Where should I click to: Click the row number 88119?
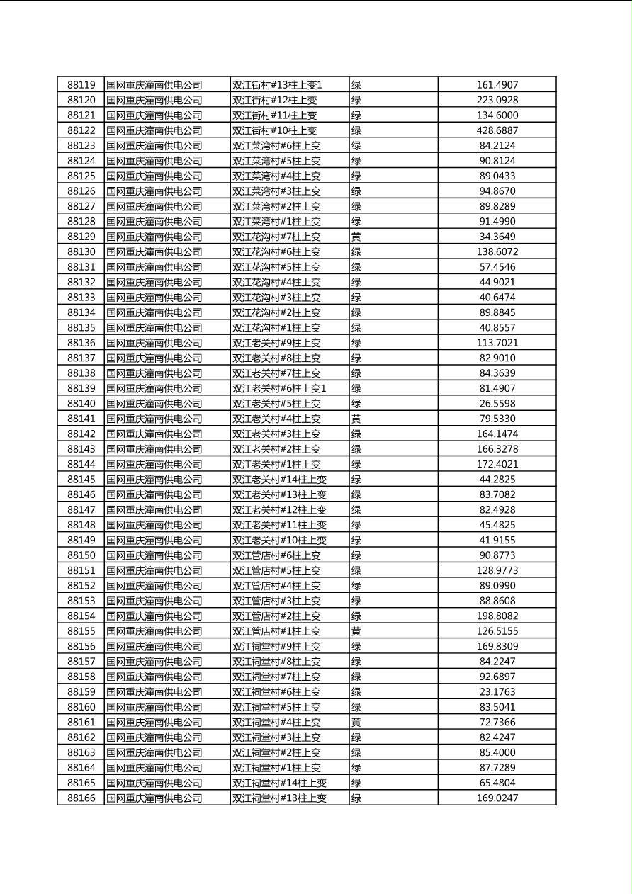pyautogui.click(x=81, y=85)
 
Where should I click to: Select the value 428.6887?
pyautogui.click(x=497, y=130)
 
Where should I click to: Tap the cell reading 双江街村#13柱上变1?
pyautogui.click(x=277, y=85)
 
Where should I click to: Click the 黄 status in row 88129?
pyautogui.click(x=356, y=237)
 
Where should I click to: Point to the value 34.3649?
pyautogui.click(x=497, y=237)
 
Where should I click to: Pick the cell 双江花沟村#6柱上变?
pyautogui.click(x=276, y=252)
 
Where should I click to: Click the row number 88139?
pyautogui.click(x=81, y=388)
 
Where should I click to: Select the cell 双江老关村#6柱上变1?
pyautogui.click(x=279, y=388)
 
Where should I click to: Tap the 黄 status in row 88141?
pyautogui.click(x=356, y=419)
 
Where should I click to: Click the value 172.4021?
pyautogui.click(x=497, y=465)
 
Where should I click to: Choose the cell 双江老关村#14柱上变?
pyautogui.click(x=279, y=480)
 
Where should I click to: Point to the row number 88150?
pyautogui.click(x=81, y=555)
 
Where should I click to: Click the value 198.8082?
pyautogui.click(x=497, y=616)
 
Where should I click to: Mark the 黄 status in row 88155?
pyautogui.click(x=356, y=631)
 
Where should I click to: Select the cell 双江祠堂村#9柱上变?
pyautogui.click(x=276, y=647)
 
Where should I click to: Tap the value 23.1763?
pyautogui.click(x=497, y=692)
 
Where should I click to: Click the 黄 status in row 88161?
pyautogui.click(x=356, y=723)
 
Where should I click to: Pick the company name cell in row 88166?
pyautogui.click(x=154, y=798)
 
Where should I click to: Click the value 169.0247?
pyautogui.click(x=497, y=798)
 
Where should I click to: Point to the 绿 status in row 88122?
pyautogui.click(x=356, y=130)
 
